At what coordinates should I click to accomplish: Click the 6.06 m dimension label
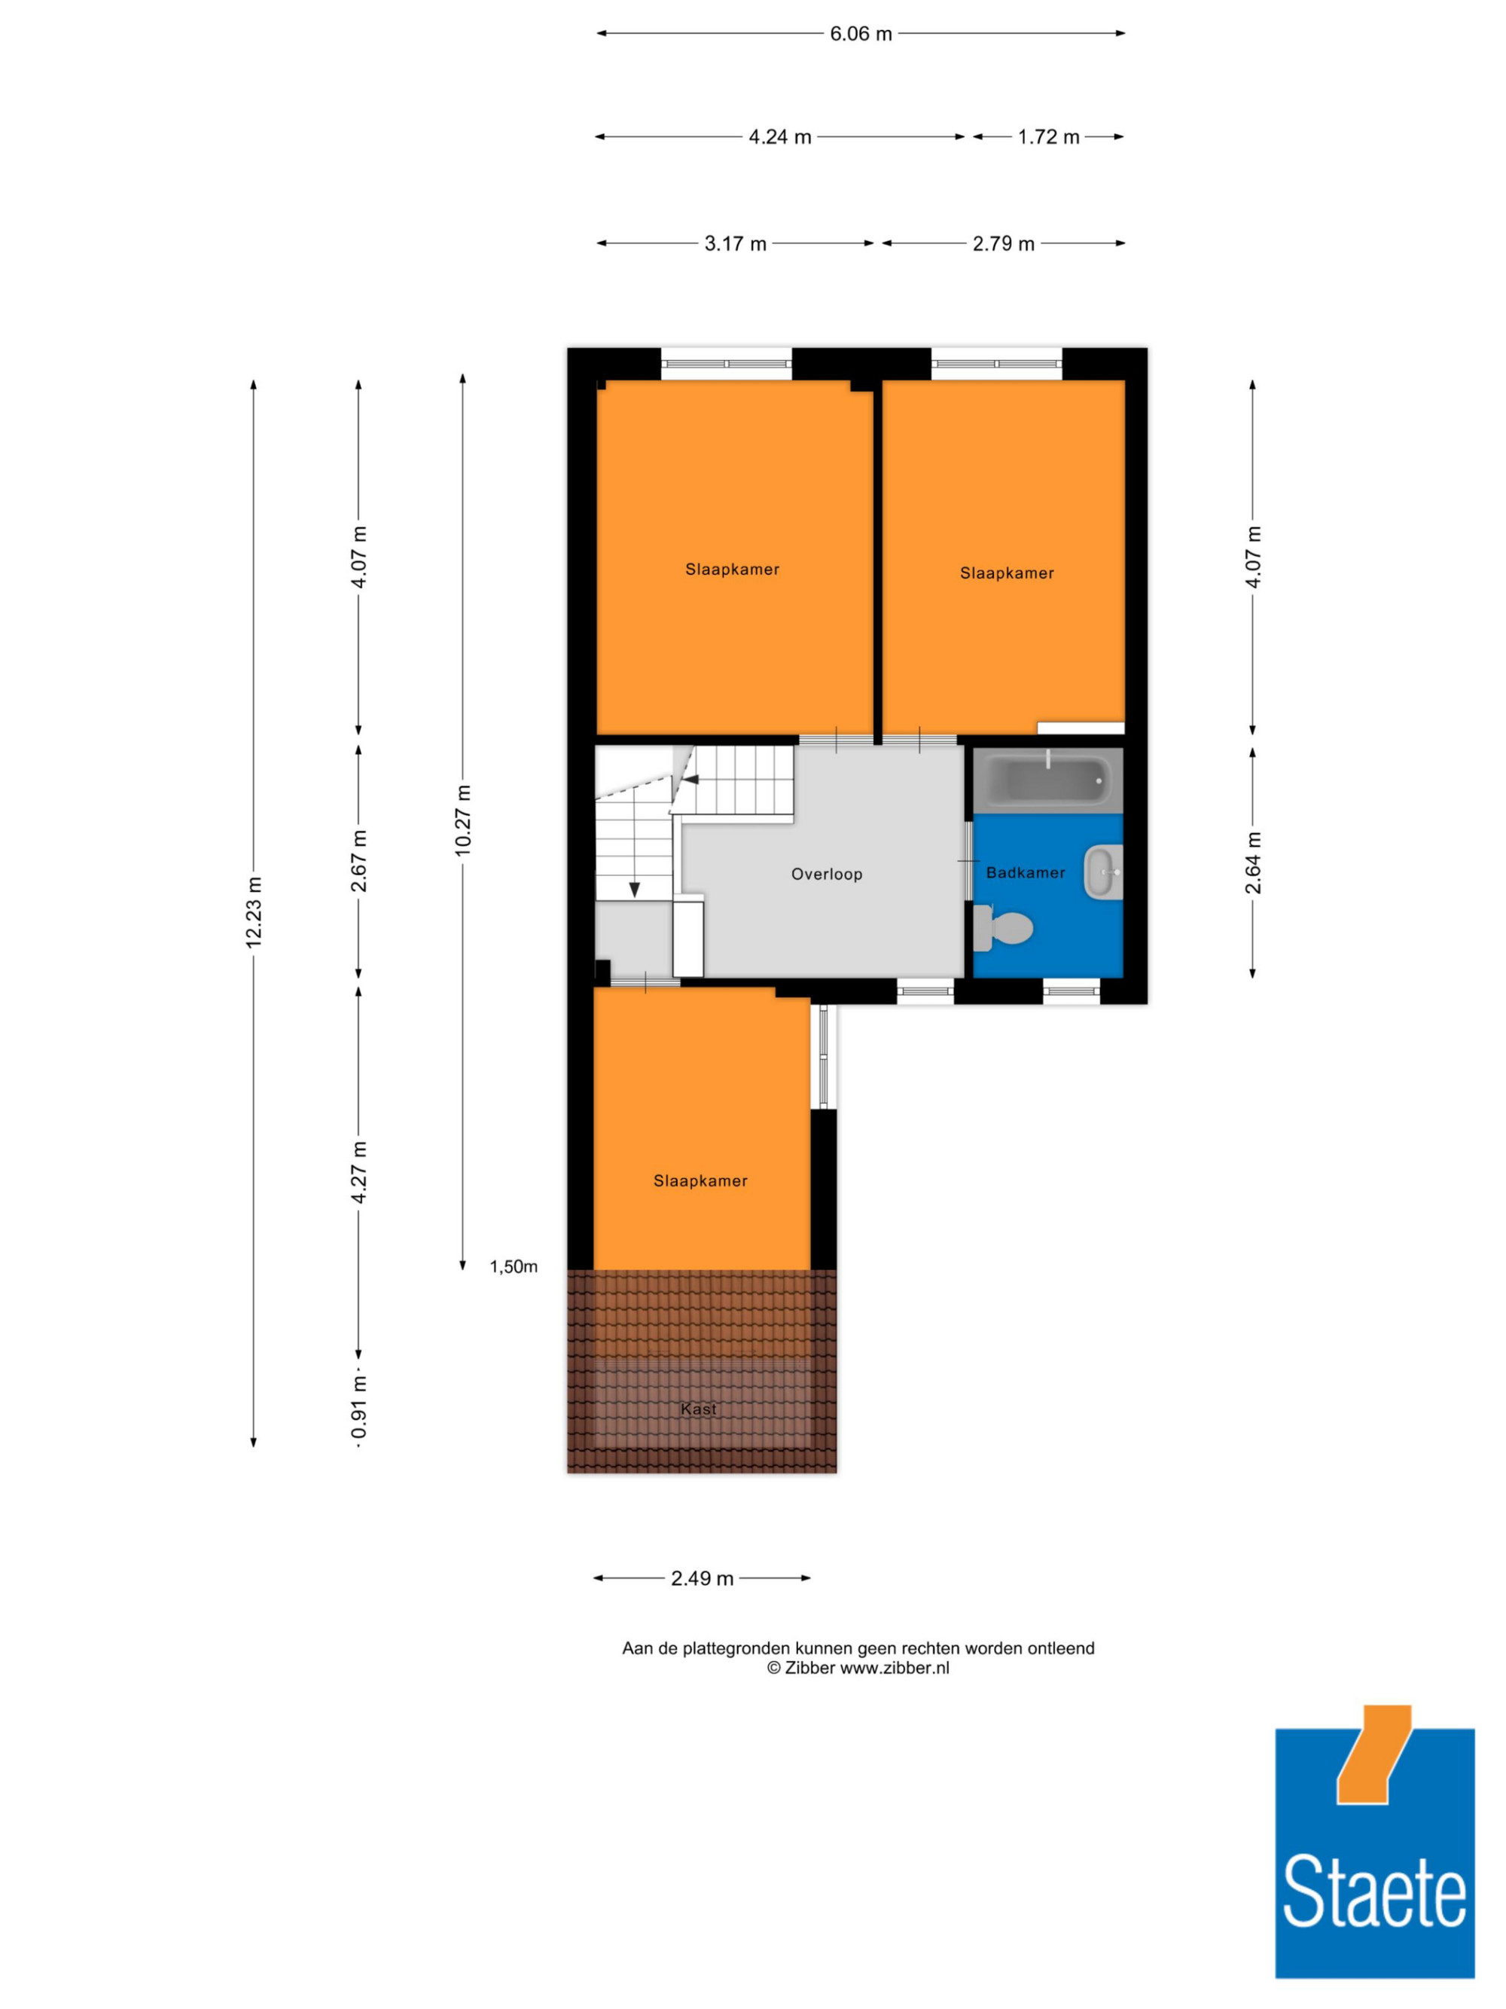pyautogui.click(x=861, y=34)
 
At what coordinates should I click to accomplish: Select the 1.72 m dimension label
pyautogui.click(x=1048, y=137)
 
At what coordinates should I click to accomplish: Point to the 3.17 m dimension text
pyautogui.click(x=735, y=243)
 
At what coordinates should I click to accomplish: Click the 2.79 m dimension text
pyautogui.click(x=1003, y=243)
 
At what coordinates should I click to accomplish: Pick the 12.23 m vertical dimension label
pyautogui.click(x=253, y=912)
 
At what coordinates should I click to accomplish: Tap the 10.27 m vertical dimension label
pyautogui.click(x=463, y=820)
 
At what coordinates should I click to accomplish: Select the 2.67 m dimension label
pyautogui.click(x=358, y=861)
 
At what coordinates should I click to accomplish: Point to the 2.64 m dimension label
pyautogui.click(x=1253, y=863)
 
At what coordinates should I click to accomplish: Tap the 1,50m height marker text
pyautogui.click(x=514, y=1267)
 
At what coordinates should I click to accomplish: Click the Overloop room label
pyautogui.click(x=826, y=874)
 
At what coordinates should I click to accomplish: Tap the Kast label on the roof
pyautogui.click(x=698, y=1409)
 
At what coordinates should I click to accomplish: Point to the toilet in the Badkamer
pyautogui.click(x=1002, y=927)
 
